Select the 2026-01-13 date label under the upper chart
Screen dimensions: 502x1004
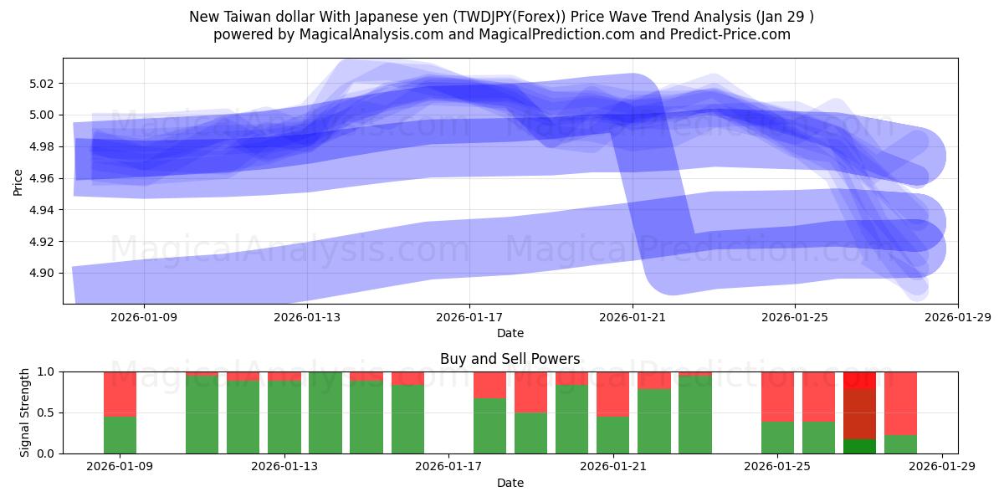coord(307,317)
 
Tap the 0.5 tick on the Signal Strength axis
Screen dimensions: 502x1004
coord(45,412)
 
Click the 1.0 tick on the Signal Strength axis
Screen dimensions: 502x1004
coord(45,371)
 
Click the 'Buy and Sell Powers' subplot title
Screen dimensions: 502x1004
coord(510,359)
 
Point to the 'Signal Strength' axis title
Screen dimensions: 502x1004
coord(25,412)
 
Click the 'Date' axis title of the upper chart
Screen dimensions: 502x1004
coord(510,333)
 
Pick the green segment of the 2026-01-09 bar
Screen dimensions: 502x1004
coord(120,435)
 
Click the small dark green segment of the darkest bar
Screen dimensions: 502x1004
coord(859,446)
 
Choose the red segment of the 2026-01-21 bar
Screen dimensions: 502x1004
coord(613,393)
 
